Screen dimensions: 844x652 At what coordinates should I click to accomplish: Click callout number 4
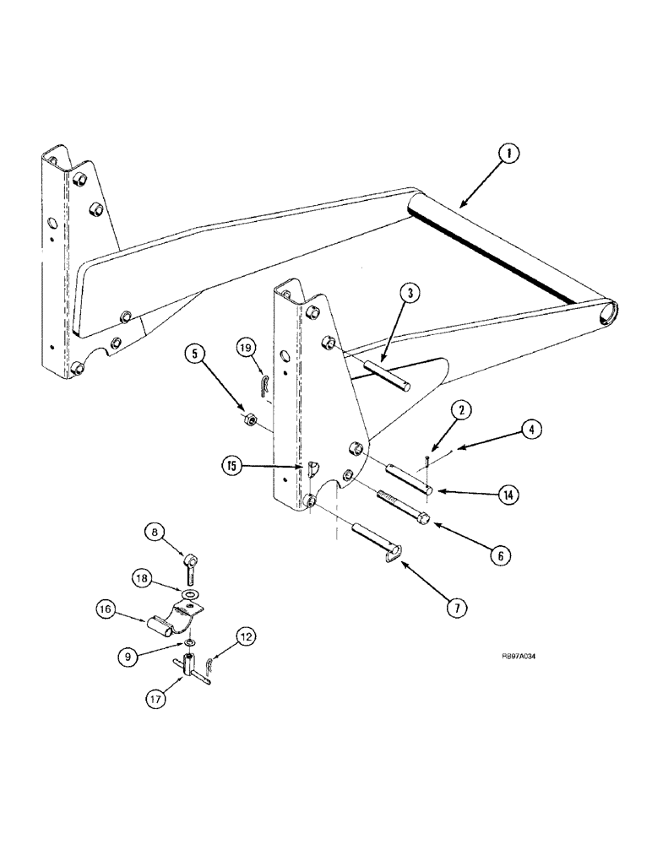530,430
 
